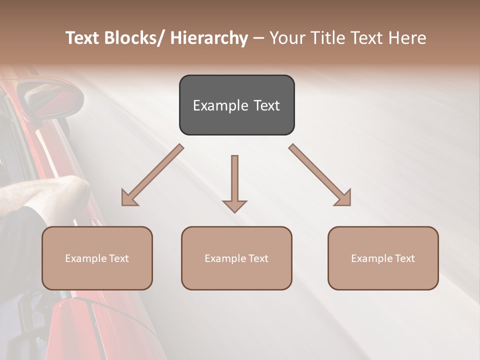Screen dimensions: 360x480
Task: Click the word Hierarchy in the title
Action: (x=209, y=38)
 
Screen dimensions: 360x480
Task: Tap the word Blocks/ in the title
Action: (x=134, y=38)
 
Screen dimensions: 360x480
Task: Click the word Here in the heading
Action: (x=407, y=38)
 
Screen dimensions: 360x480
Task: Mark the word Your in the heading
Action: (x=287, y=38)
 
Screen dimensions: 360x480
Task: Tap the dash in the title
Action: (x=258, y=38)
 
